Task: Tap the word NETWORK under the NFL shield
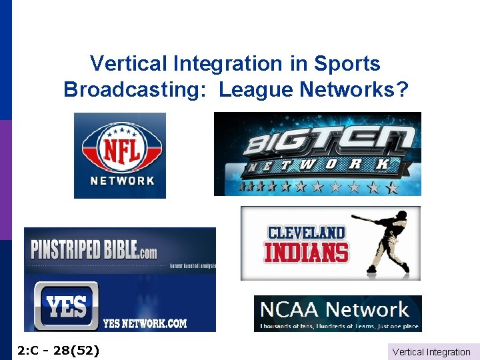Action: click(x=122, y=181)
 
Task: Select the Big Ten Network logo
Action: click(x=317, y=154)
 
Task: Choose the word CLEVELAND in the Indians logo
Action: click(x=306, y=233)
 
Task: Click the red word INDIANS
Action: click(x=306, y=253)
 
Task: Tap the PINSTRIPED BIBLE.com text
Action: click(x=94, y=250)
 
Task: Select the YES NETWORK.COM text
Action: click(x=145, y=324)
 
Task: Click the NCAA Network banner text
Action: click(x=335, y=309)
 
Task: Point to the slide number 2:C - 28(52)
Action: click(x=57, y=349)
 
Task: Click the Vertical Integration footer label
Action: click(x=431, y=352)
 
